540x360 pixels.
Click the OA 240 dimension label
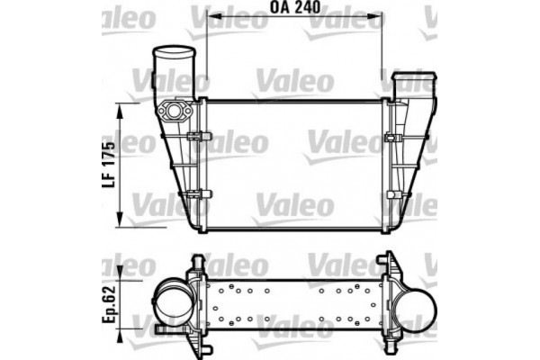pyautogui.click(x=294, y=9)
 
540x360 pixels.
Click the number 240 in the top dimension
pyautogui.click(x=310, y=9)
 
